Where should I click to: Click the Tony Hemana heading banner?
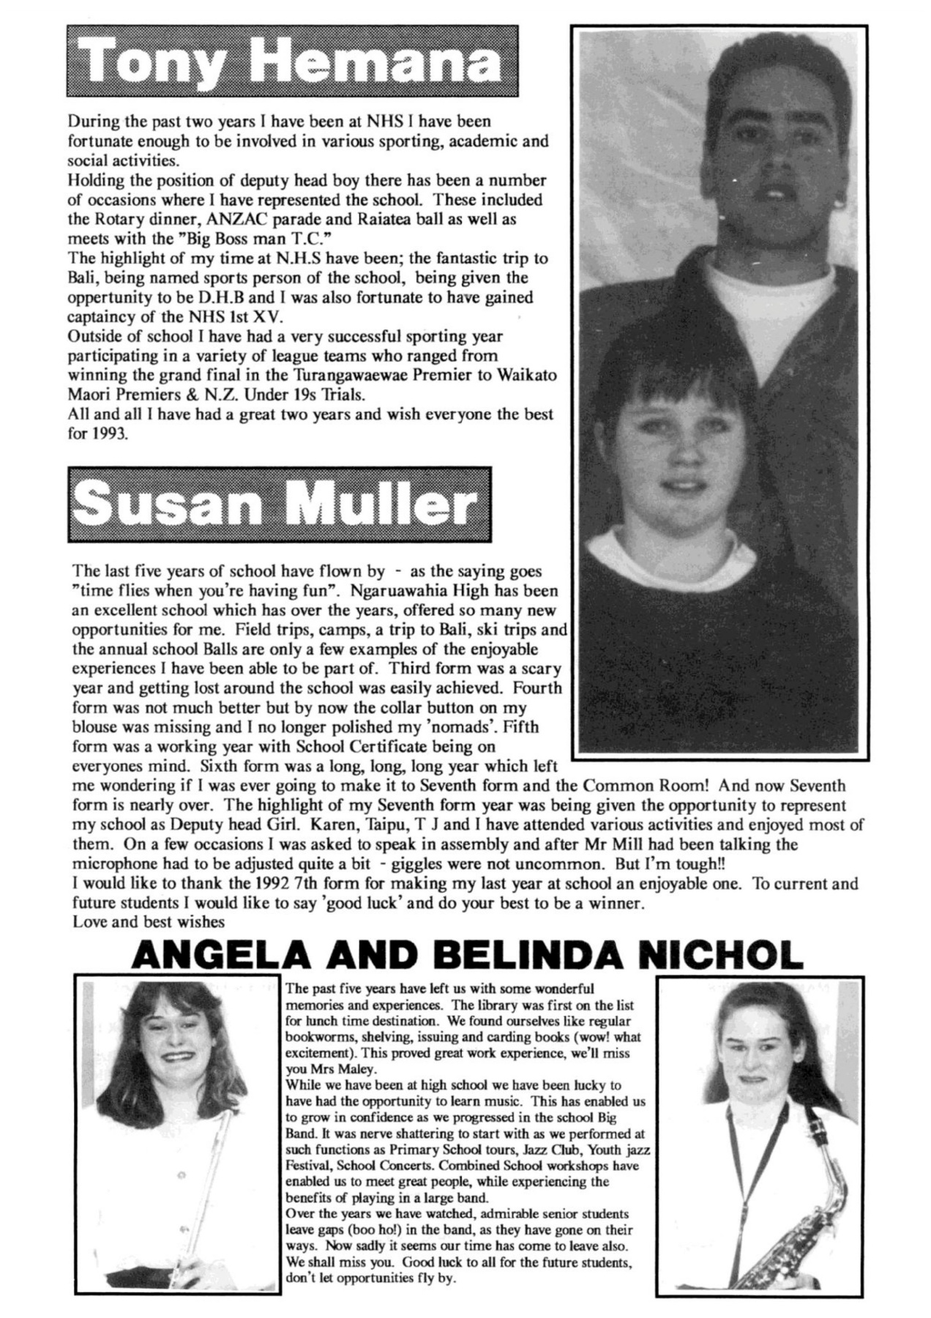tap(291, 62)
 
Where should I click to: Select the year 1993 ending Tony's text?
tap(110, 433)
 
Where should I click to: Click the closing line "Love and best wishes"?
tap(149, 921)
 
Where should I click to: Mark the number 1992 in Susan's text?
tap(227, 883)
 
